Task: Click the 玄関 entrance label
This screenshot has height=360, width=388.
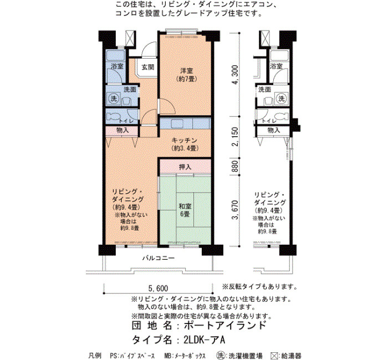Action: (x=148, y=67)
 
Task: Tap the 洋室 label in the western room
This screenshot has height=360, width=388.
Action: (x=187, y=71)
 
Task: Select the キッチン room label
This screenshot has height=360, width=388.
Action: (x=185, y=141)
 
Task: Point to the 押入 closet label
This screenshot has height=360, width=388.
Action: (x=185, y=167)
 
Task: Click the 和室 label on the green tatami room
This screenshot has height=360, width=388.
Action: (x=185, y=206)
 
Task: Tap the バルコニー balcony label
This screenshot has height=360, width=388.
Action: (x=159, y=258)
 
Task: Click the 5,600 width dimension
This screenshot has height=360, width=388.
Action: (x=158, y=289)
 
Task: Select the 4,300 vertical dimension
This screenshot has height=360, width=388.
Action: (x=236, y=75)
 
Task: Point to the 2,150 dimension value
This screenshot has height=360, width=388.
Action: (x=236, y=137)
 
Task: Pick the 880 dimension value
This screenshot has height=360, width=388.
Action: (x=236, y=166)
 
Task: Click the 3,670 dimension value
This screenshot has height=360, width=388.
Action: (x=236, y=210)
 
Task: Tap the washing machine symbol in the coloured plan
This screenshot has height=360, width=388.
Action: (x=114, y=99)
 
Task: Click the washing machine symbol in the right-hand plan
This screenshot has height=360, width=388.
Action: (x=282, y=99)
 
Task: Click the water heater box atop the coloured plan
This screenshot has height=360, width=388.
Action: (x=130, y=38)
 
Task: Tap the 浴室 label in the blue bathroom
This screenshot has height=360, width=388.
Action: (x=117, y=66)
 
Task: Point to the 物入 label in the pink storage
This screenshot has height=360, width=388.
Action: (x=122, y=130)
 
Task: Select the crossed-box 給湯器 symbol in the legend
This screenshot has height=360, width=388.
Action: (x=274, y=356)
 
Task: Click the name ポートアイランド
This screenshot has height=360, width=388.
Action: (x=225, y=325)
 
